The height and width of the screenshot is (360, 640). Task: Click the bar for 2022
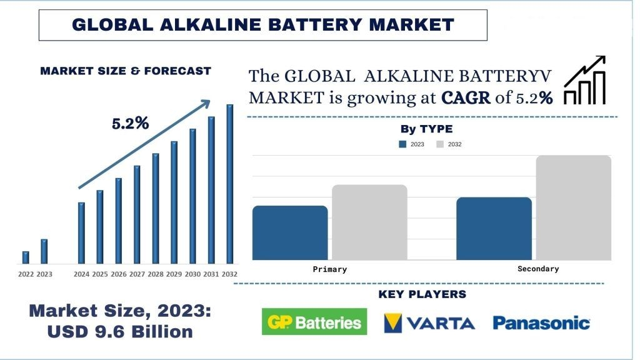coord(26,257)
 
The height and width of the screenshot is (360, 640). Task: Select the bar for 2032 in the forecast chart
coord(230,184)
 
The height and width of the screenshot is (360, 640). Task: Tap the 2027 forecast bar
coord(137,215)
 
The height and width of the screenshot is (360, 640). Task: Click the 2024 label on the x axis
coord(81,274)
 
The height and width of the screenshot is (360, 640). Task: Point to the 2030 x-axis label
coord(192,274)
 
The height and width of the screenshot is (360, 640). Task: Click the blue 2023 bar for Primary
coord(290,232)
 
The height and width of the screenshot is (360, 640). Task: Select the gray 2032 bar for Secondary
coord(574,207)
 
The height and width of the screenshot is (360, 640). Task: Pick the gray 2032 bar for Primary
coord(369,222)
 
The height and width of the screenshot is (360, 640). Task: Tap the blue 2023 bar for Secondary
coord(494,229)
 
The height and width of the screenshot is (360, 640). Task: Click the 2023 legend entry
coord(411,144)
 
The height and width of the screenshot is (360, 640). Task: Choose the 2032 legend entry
coord(449,144)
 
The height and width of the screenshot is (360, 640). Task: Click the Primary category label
coord(330,269)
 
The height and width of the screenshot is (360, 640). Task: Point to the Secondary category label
coord(538,269)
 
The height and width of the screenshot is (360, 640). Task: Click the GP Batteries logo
coord(314,322)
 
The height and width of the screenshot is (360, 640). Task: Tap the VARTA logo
coord(429,323)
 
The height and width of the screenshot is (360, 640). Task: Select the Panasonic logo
coord(541,323)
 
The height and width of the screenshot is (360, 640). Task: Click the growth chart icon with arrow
coord(584,80)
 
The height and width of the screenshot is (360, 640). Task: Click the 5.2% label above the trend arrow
coord(130,123)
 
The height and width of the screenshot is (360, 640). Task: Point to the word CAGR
coord(466,98)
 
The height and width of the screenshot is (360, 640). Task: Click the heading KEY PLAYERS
coord(422,294)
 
